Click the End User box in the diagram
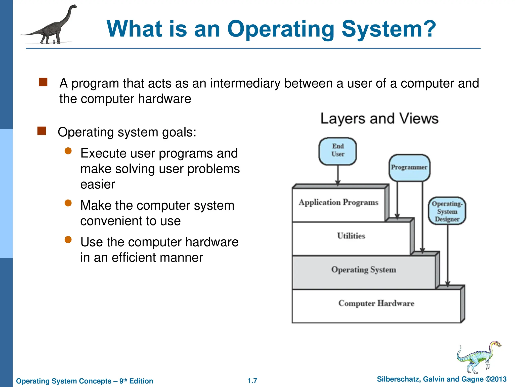[x=337, y=151]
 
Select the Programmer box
[x=409, y=168]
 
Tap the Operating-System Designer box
[x=447, y=211]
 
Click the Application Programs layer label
[x=338, y=202]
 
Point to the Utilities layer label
[x=351, y=236]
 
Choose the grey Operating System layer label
[x=364, y=270]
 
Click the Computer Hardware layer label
[x=376, y=303]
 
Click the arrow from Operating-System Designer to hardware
[x=448, y=254]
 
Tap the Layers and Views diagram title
[x=379, y=118]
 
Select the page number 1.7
[x=252, y=380]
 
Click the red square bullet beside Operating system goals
[x=42, y=131]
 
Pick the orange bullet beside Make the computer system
[x=68, y=203]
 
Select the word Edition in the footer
[x=141, y=381]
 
